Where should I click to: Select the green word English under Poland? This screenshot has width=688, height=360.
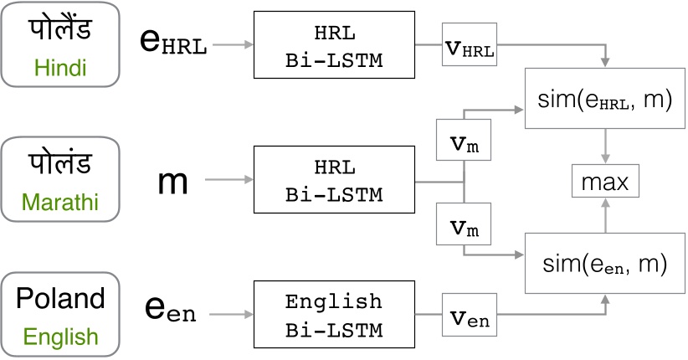[60, 337]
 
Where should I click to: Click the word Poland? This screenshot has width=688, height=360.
[61, 300]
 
